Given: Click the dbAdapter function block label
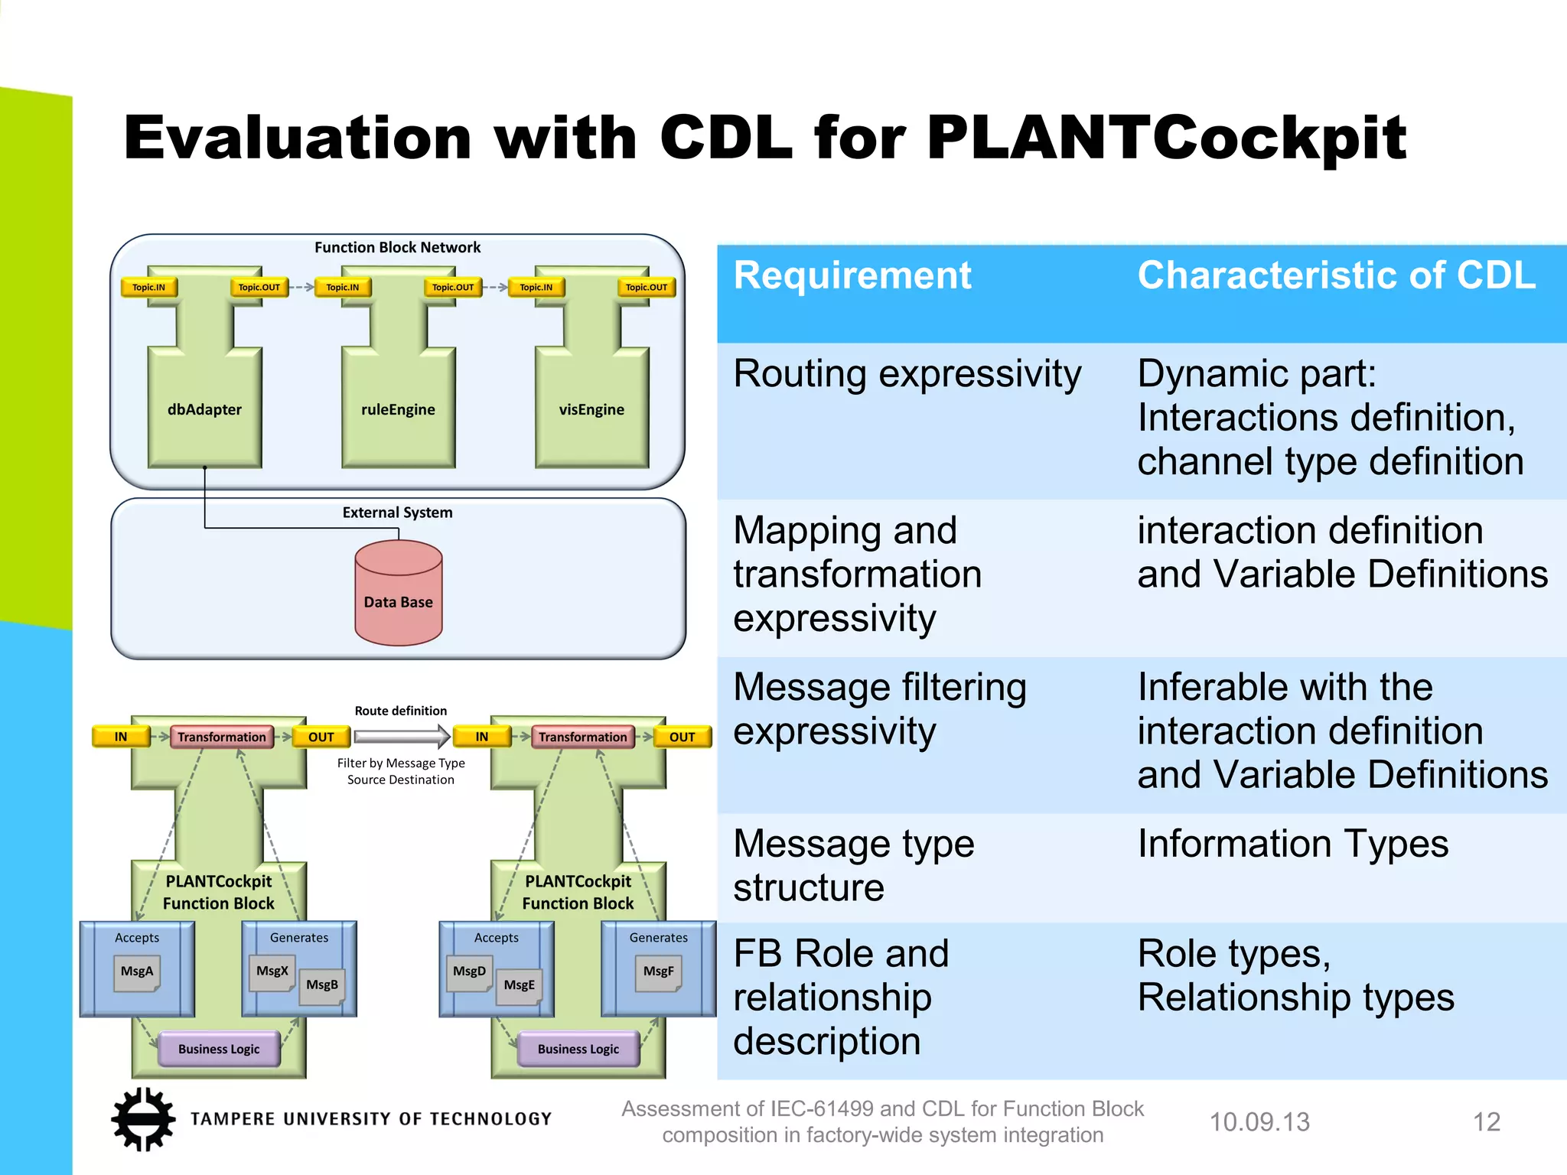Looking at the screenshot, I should coord(204,409).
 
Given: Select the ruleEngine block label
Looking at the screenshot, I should coord(398,409).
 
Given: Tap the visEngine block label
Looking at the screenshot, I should coord(591,409).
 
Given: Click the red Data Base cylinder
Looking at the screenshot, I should coord(399,593).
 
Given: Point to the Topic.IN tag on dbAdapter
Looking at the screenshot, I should coord(148,288).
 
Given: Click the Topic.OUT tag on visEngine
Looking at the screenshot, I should coord(646,288).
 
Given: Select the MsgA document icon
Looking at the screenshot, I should coord(137,972).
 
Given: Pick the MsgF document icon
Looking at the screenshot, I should coord(658,972).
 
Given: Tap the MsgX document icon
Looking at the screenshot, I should coord(272,972).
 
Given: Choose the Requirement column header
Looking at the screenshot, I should coord(852,275).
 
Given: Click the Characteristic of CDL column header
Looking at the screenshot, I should coord(1336,275).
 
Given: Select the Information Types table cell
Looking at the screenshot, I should coord(1292,844).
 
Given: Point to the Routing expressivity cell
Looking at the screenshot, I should coord(907,374).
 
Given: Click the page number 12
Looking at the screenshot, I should coord(1486,1122).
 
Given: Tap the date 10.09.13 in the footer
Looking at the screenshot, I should coord(1259,1122).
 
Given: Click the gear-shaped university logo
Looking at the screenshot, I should coord(142,1119).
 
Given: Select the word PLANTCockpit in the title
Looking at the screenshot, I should coord(1166,138).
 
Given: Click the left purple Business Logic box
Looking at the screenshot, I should coord(219,1049).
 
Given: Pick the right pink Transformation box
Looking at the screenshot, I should coord(582,737).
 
